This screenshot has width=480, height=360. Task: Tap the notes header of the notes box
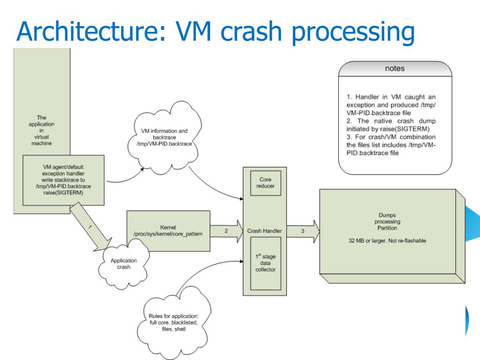click(395, 68)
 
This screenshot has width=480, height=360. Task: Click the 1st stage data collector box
click(266, 263)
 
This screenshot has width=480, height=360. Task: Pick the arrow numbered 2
click(226, 231)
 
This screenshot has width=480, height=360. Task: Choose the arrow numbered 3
click(303, 231)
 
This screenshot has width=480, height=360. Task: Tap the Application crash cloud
click(124, 263)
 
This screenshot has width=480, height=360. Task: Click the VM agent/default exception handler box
click(63, 180)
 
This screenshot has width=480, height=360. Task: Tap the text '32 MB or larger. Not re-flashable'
click(387, 241)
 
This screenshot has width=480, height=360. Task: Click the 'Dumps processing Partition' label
click(387, 222)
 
